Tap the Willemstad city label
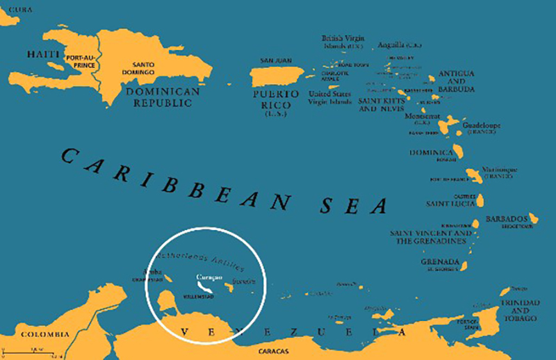click(x=198, y=297)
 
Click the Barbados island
click(x=532, y=220)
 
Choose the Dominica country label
click(x=432, y=151)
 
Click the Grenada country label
click(x=439, y=262)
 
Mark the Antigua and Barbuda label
click(x=457, y=81)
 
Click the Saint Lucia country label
click(x=450, y=204)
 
